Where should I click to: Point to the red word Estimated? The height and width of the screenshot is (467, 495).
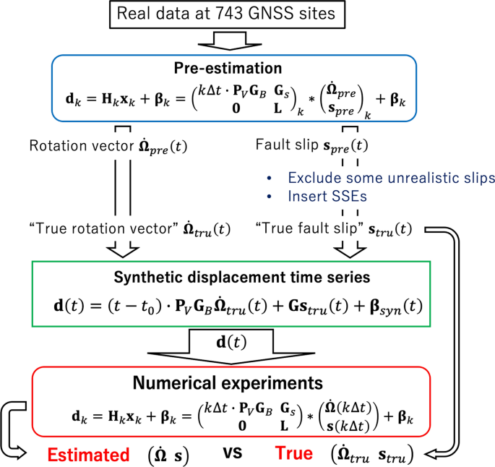click(x=89, y=453)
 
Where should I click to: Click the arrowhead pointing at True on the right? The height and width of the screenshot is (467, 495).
click(x=431, y=455)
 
